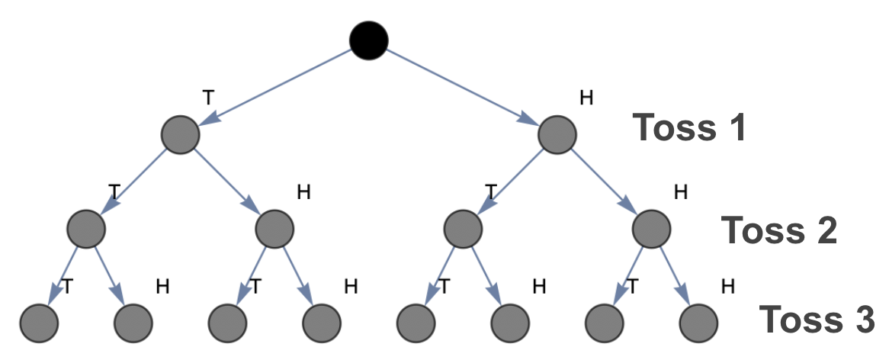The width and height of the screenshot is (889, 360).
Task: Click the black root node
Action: [369, 39]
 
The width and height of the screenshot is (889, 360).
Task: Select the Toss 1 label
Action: [688, 128]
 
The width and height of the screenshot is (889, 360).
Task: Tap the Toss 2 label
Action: [779, 230]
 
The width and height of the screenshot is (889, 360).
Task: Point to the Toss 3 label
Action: [818, 320]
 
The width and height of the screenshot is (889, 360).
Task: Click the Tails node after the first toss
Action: [181, 136]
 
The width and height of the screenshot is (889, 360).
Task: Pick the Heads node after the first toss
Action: [557, 136]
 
